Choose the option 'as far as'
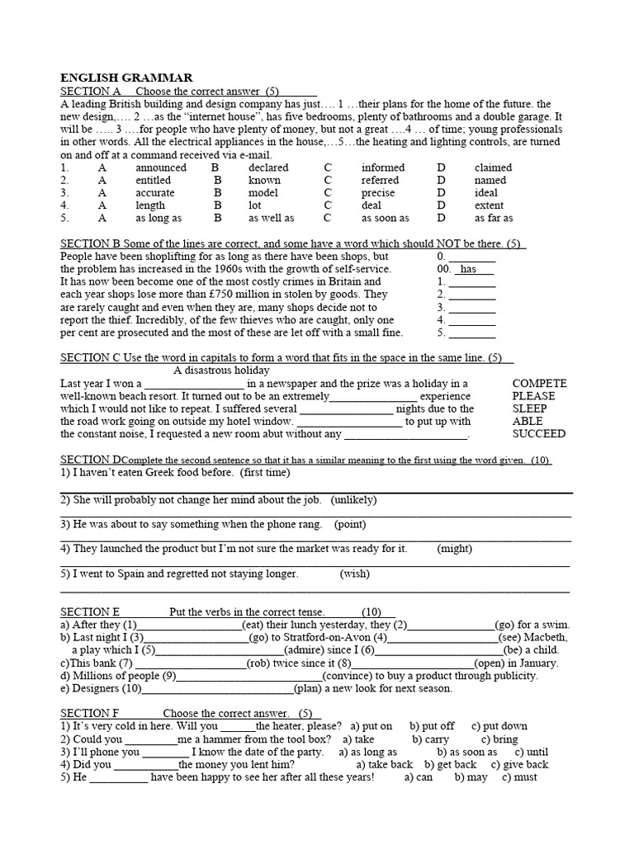[x=494, y=219]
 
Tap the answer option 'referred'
[x=380, y=181]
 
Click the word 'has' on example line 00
[x=468, y=269]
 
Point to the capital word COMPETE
[x=539, y=384]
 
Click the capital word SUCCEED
[x=539, y=434]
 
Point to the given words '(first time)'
[x=265, y=474]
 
